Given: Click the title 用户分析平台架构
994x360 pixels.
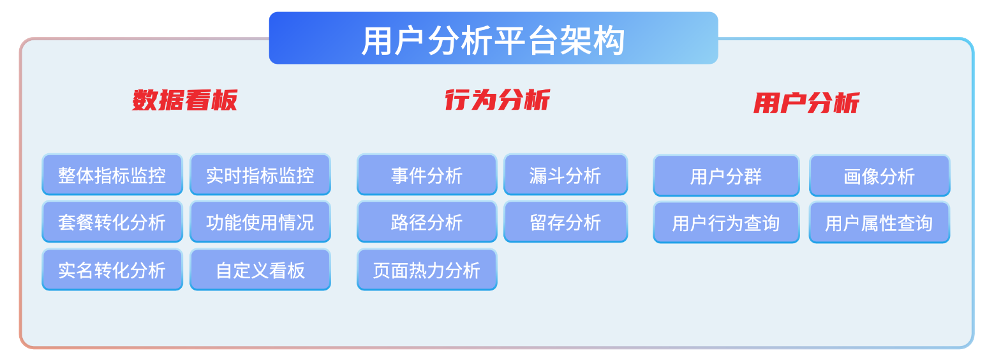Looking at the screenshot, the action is pyautogui.click(x=493, y=41).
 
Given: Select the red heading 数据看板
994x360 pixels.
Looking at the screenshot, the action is pyautogui.click(x=184, y=100).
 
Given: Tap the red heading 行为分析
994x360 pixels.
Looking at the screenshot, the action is pyautogui.click(x=498, y=100).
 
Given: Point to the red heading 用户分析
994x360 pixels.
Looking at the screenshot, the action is pyautogui.click(x=806, y=103).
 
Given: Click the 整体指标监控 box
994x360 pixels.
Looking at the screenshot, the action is pyautogui.click(x=112, y=174).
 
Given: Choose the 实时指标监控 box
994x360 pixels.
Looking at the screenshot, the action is pyautogui.click(x=260, y=174).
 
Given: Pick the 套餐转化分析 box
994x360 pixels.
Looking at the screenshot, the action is pyautogui.click(x=112, y=221).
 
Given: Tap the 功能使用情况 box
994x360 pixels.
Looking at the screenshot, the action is pyautogui.click(x=260, y=221).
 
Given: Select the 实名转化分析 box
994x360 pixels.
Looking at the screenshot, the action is pyautogui.click(x=112, y=269).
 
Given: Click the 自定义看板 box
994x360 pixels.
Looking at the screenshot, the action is pyautogui.click(x=260, y=269).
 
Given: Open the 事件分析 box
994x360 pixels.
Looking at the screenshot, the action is pyautogui.click(x=427, y=174).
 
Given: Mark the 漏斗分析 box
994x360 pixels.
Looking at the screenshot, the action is pyautogui.click(x=565, y=174).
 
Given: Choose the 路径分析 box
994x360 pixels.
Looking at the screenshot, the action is pyautogui.click(x=427, y=221).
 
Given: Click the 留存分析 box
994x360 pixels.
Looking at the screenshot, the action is pyautogui.click(x=565, y=221).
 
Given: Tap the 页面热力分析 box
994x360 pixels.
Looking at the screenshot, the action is pyautogui.click(x=427, y=269).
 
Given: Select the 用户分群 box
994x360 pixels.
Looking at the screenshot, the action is pyautogui.click(x=726, y=176).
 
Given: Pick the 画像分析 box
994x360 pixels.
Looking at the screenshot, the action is pyautogui.click(x=880, y=176).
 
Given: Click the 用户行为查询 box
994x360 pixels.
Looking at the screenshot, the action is pyautogui.click(x=726, y=222).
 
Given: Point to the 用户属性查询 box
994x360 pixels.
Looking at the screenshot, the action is pyautogui.click(x=880, y=222).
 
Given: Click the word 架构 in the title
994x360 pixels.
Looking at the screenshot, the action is pyautogui.click(x=593, y=41).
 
